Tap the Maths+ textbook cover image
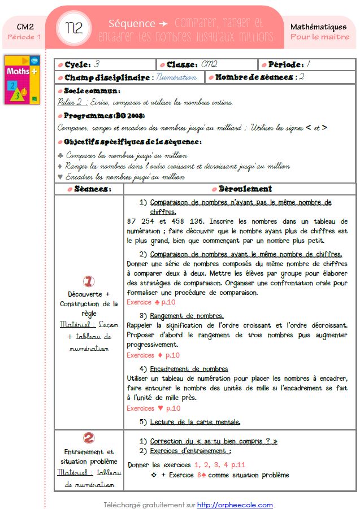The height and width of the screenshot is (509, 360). click(22, 79)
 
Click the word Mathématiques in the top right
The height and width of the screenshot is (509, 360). click(318, 27)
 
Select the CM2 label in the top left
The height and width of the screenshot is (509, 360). click(24, 27)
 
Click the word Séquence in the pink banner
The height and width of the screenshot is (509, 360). click(132, 23)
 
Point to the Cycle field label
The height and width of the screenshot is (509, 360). click(77, 64)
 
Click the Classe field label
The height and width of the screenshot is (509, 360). click(181, 64)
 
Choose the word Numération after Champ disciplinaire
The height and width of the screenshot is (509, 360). click(176, 77)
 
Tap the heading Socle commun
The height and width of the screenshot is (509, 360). click(92, 91)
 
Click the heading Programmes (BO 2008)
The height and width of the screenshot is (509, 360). click(100, 116)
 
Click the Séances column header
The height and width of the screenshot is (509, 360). click(93, 189)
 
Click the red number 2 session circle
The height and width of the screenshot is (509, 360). click(89, 438)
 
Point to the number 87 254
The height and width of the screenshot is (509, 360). click(142, 221)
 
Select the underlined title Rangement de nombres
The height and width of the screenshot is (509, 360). click(186, 315)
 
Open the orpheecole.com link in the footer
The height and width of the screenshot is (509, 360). click(235, 504)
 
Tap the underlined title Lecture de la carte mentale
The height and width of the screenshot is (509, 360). click(195, 421)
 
